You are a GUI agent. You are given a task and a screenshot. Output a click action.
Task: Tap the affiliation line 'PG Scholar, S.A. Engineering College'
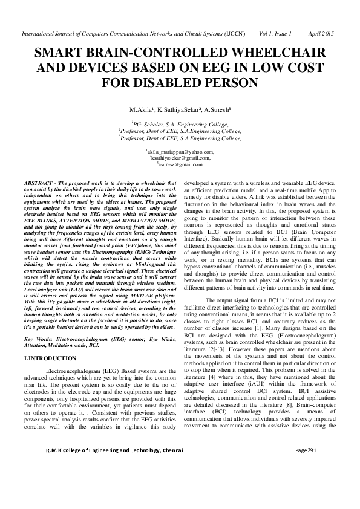pos(180,123)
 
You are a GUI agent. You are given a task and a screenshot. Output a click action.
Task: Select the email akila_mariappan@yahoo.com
pos(180,152)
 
